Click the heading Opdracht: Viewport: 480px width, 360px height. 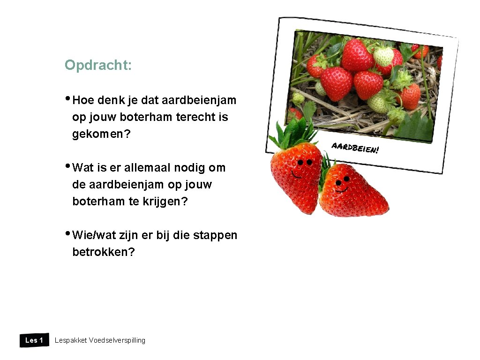coord(98,65)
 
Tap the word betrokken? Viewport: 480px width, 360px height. coord(103,252)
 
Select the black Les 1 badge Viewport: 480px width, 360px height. coord(34,340)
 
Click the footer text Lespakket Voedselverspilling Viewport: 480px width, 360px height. coord(100,340)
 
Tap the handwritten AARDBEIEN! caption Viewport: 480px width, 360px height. coord(355,148)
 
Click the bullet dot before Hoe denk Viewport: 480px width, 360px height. coord(68,98)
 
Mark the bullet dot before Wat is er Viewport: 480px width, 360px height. coord(68,166)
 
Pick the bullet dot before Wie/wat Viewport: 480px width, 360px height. coord(68,233)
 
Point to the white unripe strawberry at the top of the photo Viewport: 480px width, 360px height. coord(383,56)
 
